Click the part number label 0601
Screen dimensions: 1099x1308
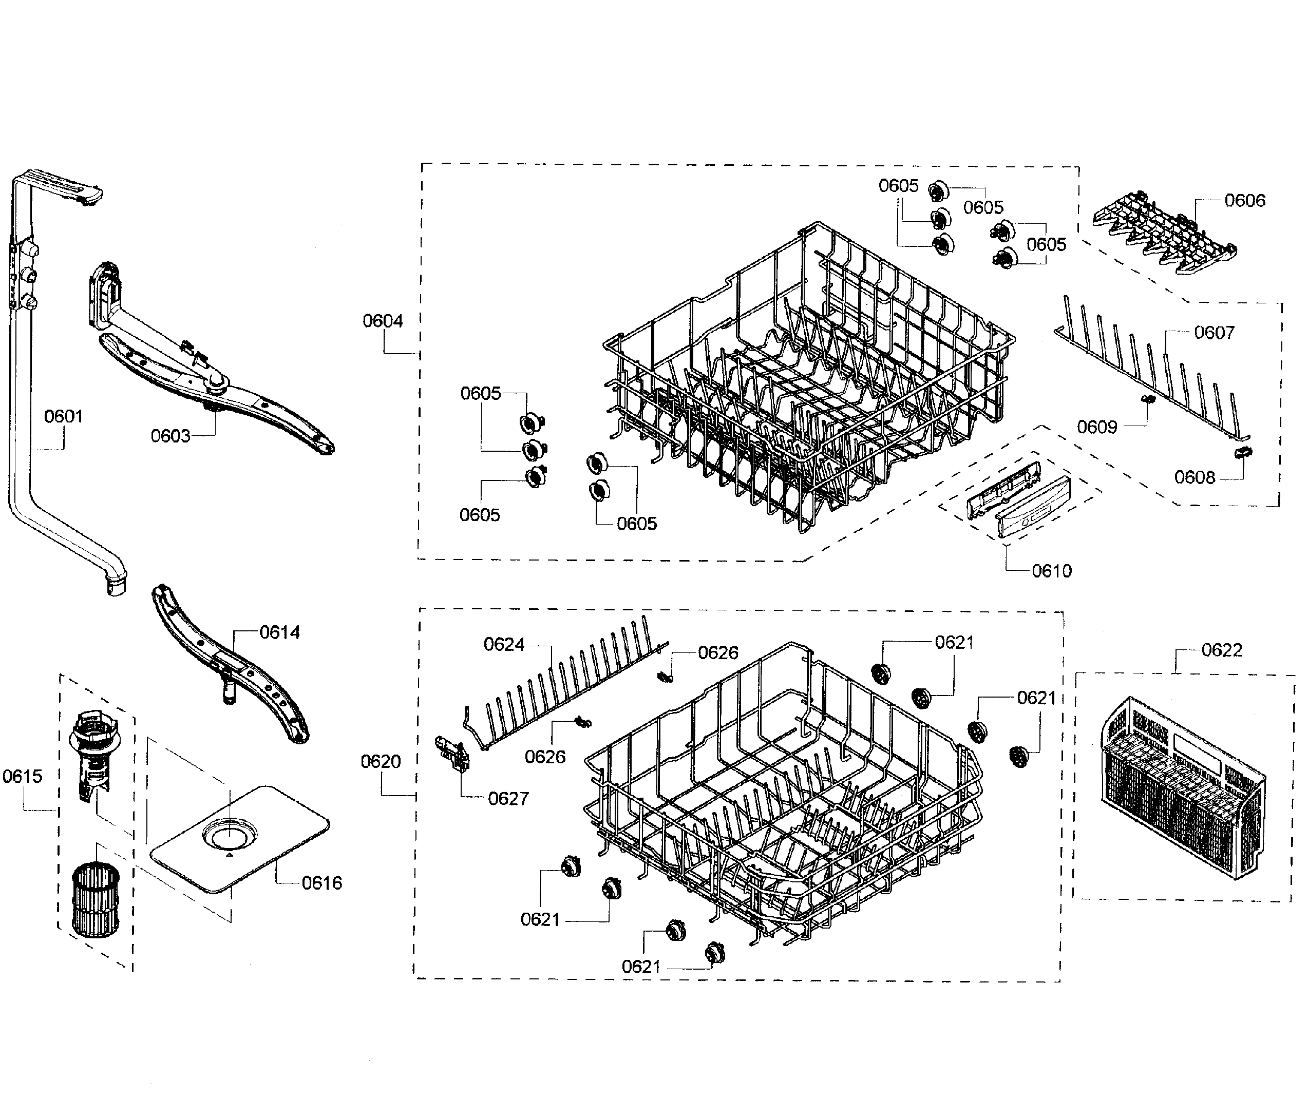pyautogui.click(x=64, y=416)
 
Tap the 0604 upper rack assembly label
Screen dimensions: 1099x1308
pyautogui.click(x=383, y=321)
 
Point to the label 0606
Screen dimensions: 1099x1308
pyautogui.click(x=1244, y=200)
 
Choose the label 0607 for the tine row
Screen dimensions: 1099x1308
pyautogui.click(x=1214, y=332)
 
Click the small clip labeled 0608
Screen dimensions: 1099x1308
pyautogui.click(x=1244, y=453)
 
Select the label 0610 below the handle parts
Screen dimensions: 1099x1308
pyautogui.click(x=1051, y=571)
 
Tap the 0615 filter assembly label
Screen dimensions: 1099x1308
pyautogui.click(x=23, y=776)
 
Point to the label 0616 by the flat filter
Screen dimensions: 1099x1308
pyautogui.click(x=321, y=883)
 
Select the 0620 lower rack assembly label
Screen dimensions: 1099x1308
pyautogui.click(x=380, y=761)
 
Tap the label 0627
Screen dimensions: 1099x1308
pyautogui.click(x=508, y=798)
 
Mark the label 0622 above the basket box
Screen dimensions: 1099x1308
pyautogui.click(x=1221, y=650)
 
